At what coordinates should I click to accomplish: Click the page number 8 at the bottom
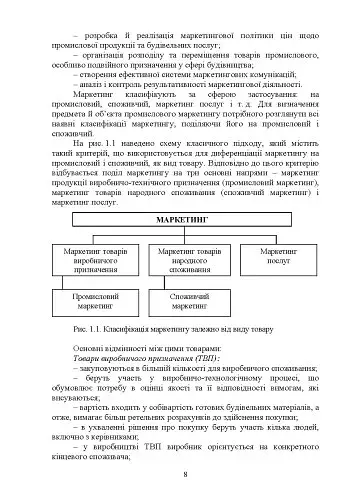[181, 473]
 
